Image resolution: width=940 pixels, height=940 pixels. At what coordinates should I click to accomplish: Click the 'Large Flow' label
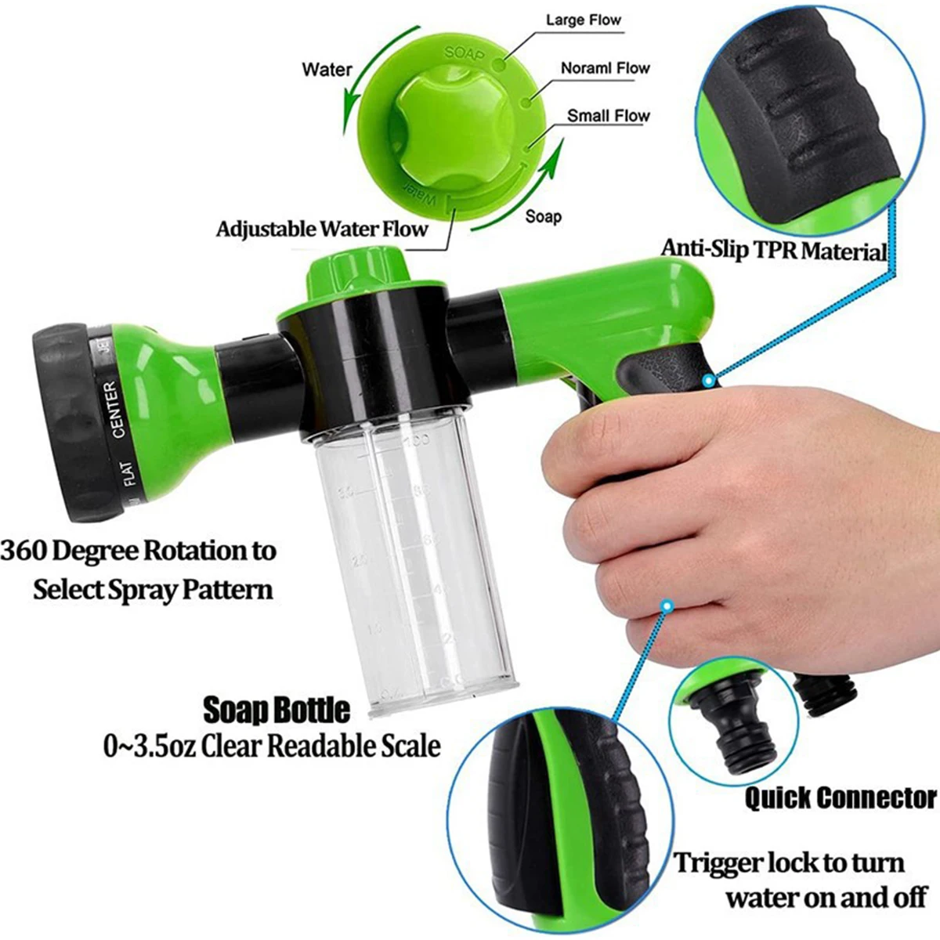[x=583, y=20]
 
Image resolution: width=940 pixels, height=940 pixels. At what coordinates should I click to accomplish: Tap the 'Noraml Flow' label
[x=605, y=68]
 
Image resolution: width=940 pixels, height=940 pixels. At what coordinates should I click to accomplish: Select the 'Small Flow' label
[x=609, y=116]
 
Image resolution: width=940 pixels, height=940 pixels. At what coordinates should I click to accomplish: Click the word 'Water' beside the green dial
[x=327, y=70]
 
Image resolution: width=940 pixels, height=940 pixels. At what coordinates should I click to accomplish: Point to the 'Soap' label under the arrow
[x=543, y=215]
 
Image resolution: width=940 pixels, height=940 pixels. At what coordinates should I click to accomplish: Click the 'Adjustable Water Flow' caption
[x=322, y=230]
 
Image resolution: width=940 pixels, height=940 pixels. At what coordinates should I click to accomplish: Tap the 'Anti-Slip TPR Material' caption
[x=773, y=249]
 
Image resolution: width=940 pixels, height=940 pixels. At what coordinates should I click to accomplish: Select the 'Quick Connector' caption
[x=840, y=798]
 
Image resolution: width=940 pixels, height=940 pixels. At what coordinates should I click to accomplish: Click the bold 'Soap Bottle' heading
[x=277, y=710]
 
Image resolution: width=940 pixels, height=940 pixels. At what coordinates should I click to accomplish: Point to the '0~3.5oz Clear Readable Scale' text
[x=272, y=746]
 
